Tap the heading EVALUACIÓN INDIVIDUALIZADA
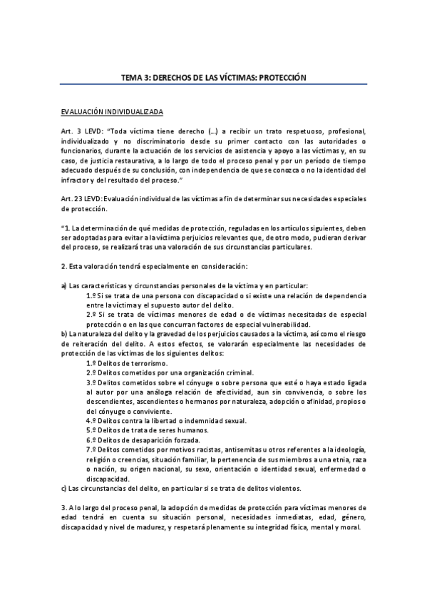(112, 112)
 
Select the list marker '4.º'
(92, 422)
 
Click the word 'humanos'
(190, 432)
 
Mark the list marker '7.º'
(92, 451)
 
